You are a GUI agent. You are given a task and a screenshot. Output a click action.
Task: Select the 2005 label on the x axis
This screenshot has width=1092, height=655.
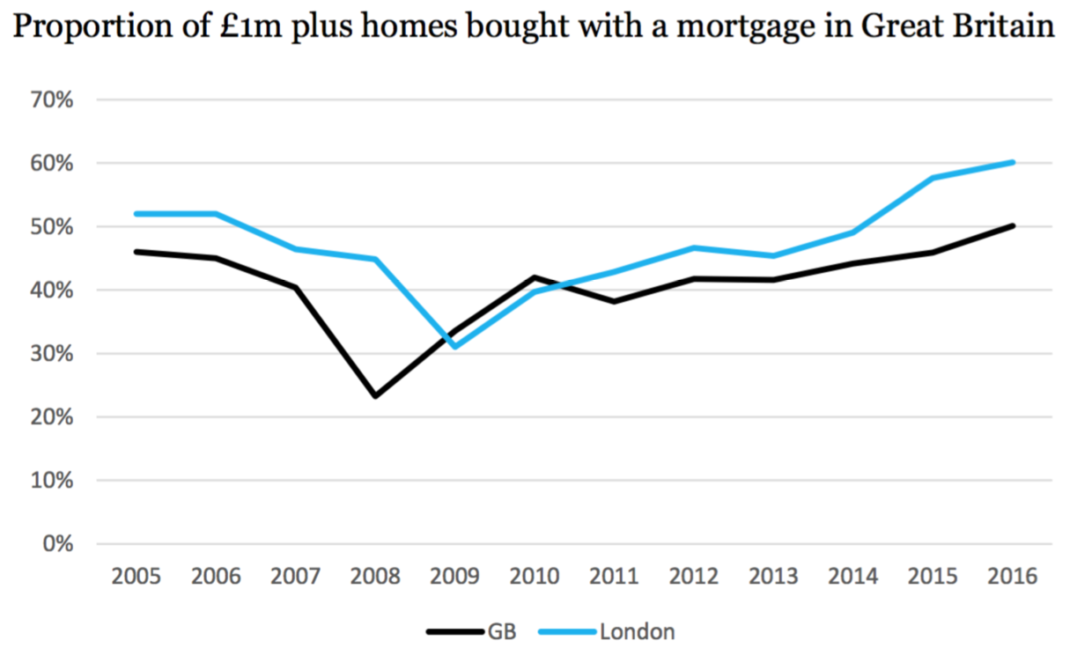point(136,578)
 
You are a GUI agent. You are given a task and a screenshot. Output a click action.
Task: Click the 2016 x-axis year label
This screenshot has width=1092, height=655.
point(1013,578)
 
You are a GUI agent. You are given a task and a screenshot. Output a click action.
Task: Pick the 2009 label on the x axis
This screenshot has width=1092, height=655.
point(455,578)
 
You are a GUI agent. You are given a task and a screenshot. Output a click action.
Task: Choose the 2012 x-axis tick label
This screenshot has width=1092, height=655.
point(694,578)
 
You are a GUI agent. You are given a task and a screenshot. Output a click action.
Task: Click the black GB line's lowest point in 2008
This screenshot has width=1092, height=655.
point(376,396)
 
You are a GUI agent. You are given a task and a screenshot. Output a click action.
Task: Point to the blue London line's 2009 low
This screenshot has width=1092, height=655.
point(455,347)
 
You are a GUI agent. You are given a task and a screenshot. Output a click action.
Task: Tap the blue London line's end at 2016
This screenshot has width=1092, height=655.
point(1013,162)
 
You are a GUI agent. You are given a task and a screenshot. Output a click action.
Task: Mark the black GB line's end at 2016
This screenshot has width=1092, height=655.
point(1013,226)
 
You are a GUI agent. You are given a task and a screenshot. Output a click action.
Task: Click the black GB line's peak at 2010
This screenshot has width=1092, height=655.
point(535,277)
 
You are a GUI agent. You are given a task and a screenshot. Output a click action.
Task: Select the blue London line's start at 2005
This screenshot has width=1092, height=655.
point(136,214)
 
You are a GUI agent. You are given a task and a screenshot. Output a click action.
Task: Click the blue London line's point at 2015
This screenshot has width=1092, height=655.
point(933,178)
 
